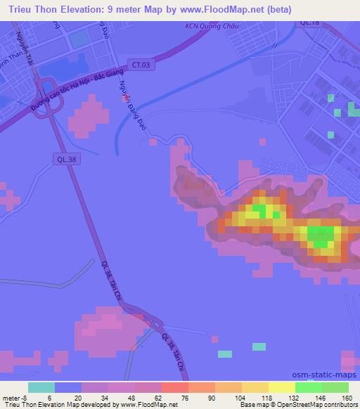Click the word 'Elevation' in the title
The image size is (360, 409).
82,9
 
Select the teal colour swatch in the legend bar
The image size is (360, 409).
41,387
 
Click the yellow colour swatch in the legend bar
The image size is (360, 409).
282,387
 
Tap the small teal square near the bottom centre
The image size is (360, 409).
259,346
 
